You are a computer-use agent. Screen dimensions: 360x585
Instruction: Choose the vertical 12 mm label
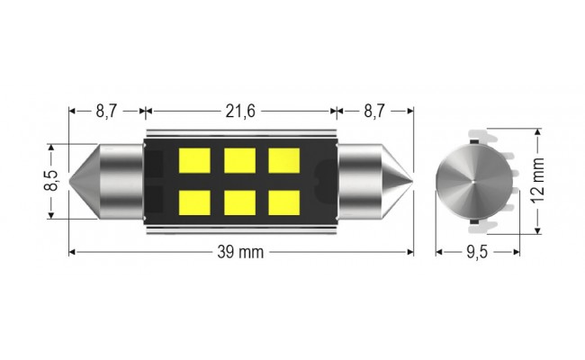(538, 180)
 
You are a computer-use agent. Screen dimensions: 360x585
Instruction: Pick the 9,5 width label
(476, 252)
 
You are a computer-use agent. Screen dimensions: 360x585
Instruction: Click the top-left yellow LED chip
(194, 159)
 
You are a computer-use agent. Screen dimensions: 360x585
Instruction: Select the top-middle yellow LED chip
(239, 159)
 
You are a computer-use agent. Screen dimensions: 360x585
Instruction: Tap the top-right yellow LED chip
(284, 159)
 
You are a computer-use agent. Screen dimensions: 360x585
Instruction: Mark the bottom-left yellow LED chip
(194, 202)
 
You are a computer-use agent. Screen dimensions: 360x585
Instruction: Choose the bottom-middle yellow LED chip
(239, 202)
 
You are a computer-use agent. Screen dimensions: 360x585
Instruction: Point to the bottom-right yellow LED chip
(284, 202)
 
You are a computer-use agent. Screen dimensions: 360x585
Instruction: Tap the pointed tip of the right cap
(410, 180)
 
